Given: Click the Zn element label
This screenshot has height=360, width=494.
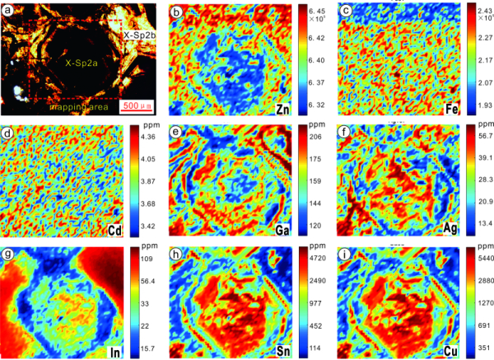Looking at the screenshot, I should [x=287, y=108].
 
